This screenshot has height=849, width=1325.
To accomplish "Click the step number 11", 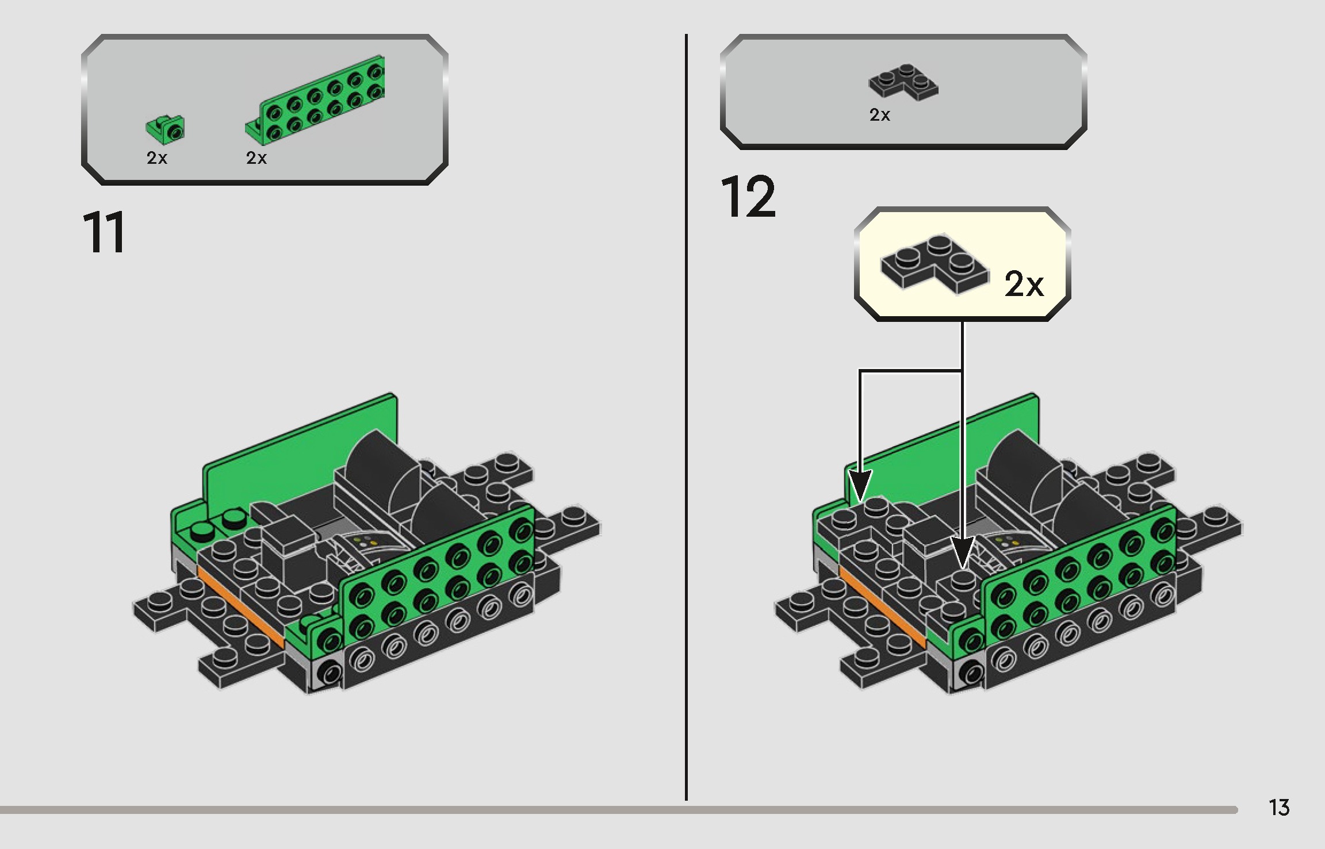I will pos(104,233).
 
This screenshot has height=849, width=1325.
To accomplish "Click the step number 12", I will pos(748,198).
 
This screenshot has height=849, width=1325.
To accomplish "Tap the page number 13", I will pos(1279,808).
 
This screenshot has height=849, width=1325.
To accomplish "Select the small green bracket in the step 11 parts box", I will pos(167,129).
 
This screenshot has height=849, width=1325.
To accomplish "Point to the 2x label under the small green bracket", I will pos(156,158).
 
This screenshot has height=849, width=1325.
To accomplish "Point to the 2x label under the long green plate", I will pos(256,158).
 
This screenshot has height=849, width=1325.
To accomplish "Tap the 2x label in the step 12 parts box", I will pos(879,116).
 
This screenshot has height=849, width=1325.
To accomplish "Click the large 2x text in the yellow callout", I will pos(1024,284).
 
